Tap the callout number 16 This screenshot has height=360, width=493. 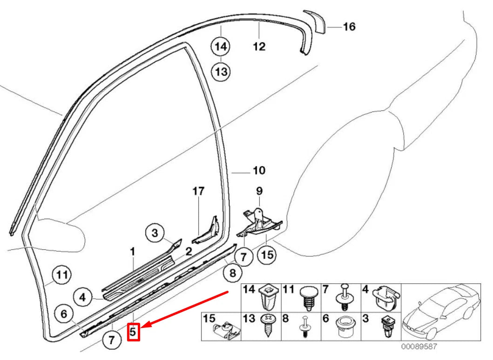coord(349,27)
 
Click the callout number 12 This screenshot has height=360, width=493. coord(259,47)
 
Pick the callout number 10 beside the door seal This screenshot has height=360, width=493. coord(259,171)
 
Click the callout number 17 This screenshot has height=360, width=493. coord(198,191)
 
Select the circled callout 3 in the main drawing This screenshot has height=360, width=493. coord(155,233)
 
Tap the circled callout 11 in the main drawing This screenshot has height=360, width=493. coord(61,274)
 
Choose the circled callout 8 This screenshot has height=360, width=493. coord(233,273)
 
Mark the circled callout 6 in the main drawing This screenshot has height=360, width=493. coord(64,314)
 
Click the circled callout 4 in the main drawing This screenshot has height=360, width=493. coord(83,296)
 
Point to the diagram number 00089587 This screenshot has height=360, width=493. coord(420,347)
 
